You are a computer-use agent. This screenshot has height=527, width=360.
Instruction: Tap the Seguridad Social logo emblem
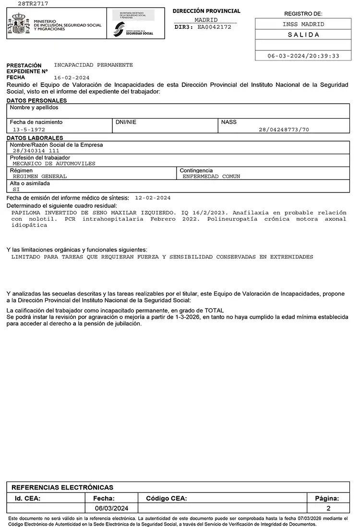point(119,30)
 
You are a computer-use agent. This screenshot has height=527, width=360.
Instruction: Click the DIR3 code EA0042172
point(215,27)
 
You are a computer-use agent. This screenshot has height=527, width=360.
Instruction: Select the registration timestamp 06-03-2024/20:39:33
point(303,56)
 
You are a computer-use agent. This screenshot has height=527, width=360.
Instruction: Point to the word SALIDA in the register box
point(303,35)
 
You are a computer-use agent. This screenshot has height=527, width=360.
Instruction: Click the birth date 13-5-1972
point(29,130)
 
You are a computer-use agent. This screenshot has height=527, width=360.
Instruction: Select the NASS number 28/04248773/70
point(284,130)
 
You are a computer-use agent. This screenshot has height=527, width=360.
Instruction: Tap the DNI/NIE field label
point(126,122)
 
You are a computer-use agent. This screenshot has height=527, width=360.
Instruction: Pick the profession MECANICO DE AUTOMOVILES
point(54,164)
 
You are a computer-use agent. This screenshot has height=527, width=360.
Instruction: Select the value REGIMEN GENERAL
point(40,177)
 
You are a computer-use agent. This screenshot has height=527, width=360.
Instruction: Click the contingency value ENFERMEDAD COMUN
point(212,177)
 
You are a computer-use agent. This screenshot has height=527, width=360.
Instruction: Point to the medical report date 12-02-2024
point(153,198)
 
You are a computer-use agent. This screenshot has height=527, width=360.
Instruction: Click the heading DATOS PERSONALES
point(36,101)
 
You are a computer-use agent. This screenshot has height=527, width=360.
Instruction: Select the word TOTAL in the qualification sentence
point(214,311)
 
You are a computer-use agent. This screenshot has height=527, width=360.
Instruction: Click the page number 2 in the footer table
point(328,508)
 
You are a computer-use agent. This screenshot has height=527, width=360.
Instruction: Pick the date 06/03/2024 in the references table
point(111,508)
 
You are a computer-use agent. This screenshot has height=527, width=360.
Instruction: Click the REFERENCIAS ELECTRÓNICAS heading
point(62,487)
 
